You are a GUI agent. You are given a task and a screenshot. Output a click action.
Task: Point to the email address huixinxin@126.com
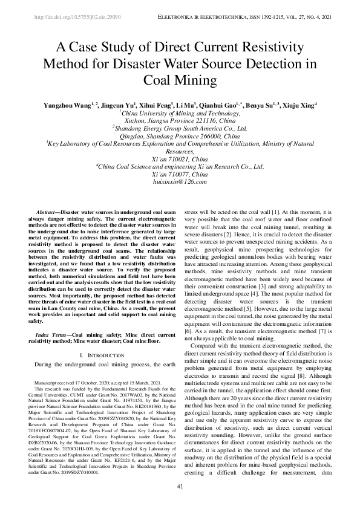[x=180, y=181]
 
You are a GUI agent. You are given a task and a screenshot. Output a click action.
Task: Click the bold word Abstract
[x=47, y=213]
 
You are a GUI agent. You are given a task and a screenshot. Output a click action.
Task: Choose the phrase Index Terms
[x=51, y=317]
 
